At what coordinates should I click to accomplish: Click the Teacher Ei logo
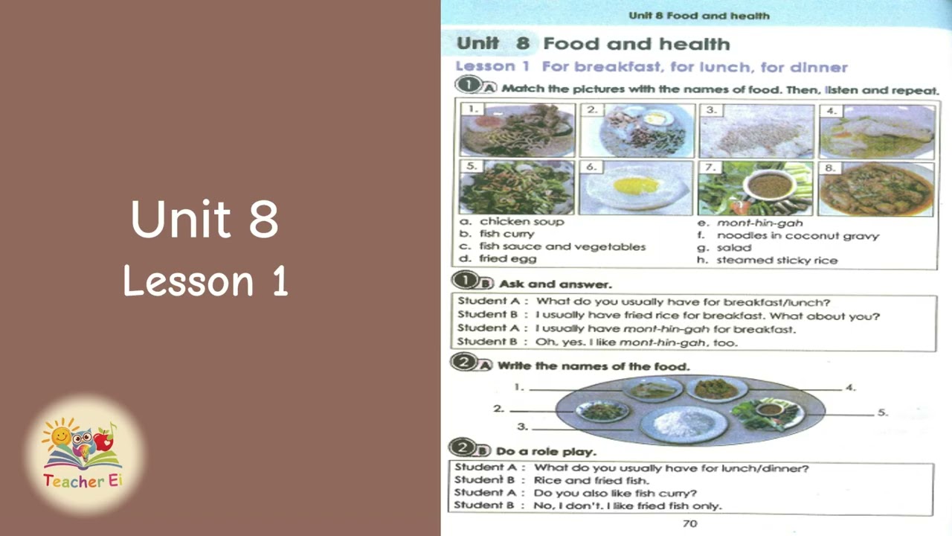(83, 454)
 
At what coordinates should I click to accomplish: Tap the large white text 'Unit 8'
(205, 218)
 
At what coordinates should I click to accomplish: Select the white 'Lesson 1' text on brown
(205, 281)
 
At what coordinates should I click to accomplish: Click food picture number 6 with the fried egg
(636, 188)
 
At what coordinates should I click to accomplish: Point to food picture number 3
(756, 131)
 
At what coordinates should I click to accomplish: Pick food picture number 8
(877, 188)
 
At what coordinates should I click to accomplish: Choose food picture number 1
(517, 131)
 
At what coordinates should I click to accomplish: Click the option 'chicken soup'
(521, 221)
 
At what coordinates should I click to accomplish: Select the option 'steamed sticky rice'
(776, 260)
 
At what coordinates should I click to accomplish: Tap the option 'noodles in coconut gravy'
(797, 235)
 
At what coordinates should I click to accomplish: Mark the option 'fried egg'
(507, 259)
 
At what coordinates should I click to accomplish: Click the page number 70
(689, 523)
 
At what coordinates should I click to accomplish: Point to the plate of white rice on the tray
(684, 423)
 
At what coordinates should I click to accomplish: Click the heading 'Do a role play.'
(546, 451)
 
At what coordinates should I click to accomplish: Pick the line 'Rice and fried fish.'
(591, 480)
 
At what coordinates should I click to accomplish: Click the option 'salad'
(733, 247)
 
